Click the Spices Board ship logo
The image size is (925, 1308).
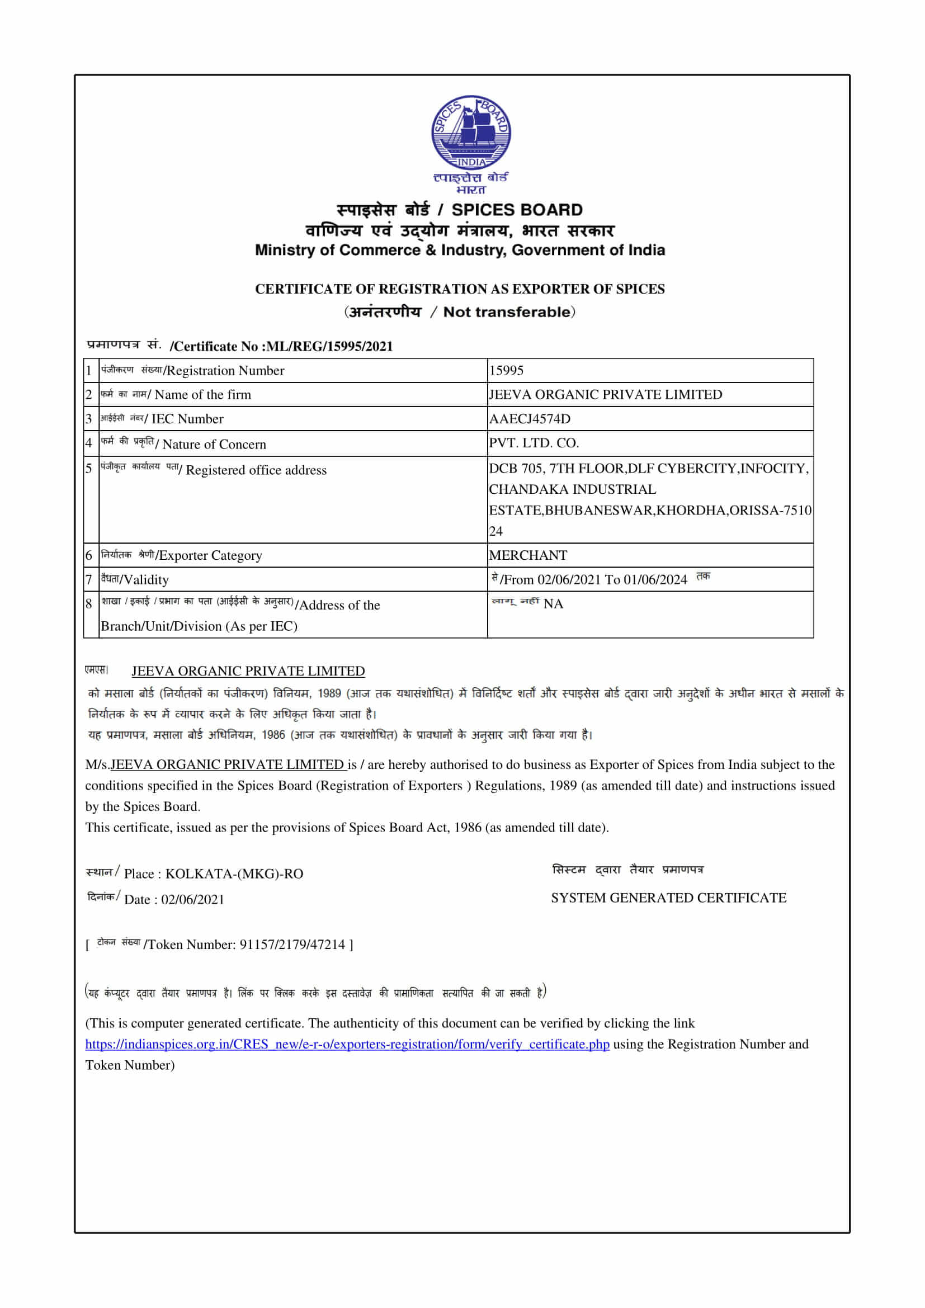470,132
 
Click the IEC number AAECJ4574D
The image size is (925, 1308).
529,419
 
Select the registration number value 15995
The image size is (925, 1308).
506,370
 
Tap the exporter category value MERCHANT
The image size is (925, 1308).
527,555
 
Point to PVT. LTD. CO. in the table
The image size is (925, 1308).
533,443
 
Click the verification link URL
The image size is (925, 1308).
347,1044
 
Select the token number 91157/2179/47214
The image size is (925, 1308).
291,945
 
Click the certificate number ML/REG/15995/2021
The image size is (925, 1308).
329,346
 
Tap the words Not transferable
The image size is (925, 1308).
506,311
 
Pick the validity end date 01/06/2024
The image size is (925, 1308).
655,579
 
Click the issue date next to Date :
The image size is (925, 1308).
192,900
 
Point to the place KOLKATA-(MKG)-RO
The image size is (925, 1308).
234,874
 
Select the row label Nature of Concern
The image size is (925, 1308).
214,445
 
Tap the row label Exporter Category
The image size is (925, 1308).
211,555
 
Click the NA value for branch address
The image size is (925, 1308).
553,604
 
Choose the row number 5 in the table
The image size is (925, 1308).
89,468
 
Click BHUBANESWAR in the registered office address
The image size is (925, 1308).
600,510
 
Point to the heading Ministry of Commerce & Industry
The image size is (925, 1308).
460,250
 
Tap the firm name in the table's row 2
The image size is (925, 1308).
605,394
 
